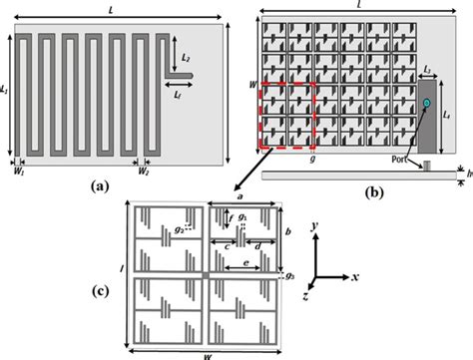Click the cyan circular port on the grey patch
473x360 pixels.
[426, 104]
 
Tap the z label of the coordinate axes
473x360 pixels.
[308, 296]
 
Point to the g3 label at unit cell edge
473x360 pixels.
[290, 274]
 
